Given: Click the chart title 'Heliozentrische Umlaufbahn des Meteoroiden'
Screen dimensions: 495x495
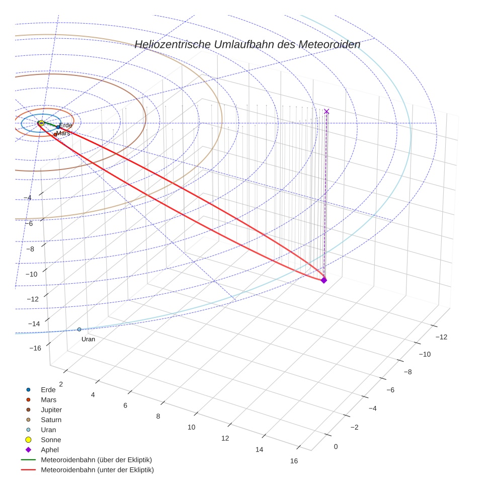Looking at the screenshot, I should [247, 44].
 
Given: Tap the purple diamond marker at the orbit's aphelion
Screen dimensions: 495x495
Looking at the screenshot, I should [323, 280].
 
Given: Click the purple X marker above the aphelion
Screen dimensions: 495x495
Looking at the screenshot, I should [326, 111].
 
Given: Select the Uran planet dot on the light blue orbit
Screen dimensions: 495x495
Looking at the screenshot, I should [79, 329].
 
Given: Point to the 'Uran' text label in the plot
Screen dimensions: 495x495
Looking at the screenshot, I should [88, 339].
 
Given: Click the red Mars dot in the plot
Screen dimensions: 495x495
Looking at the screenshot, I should [55, 134].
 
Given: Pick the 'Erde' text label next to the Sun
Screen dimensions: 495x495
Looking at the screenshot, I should [66, 125].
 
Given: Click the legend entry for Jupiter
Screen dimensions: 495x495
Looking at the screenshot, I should [51, 410].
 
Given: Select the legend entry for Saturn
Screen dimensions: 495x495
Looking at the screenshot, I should [51, 420].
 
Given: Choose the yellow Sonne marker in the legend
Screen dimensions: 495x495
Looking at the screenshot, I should [28, 440].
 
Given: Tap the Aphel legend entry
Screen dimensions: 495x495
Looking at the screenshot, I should [49, 450].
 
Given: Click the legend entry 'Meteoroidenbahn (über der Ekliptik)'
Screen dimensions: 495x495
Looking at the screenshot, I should [96, 460].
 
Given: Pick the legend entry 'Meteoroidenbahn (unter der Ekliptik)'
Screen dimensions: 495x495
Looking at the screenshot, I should [97, 470].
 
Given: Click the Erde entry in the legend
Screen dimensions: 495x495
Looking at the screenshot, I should [48, 390].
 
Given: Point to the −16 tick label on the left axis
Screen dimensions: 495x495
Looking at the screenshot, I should [35, 348].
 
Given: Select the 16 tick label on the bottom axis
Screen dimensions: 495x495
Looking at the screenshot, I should [294, 461].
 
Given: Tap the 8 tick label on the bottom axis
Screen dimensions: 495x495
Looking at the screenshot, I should [158, 416].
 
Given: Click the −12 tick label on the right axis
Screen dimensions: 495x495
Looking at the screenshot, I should [440, 337].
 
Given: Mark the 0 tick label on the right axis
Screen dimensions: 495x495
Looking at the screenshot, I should [336, 447].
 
